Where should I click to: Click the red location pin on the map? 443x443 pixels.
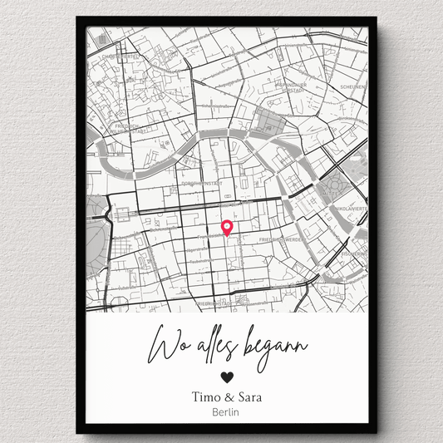[226, 226]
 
